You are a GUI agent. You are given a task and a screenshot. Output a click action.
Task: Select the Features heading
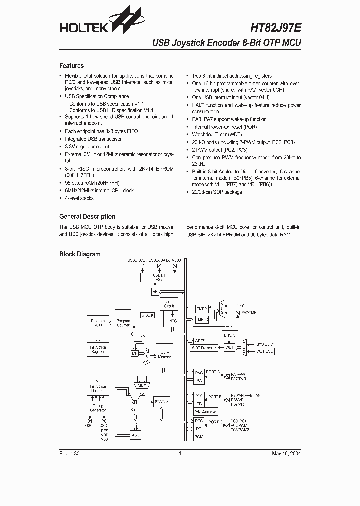pyautogui.click(x=71, y=66)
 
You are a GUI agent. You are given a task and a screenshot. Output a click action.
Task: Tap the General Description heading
pyautogui.click(x=87, y=216)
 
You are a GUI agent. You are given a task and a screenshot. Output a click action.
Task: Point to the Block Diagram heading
pyautogui.click(x=80, y=254)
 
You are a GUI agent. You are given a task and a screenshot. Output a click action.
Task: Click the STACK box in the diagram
pyautogui.click(x=148, y=315)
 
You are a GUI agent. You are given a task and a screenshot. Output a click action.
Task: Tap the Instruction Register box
pyautogui.click(x=97, y=349)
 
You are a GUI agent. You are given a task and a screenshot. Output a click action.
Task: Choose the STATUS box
pyautogui.click(x=162, y=402)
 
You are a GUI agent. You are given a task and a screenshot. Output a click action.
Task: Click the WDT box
pyautogui.click(x=229, y=347)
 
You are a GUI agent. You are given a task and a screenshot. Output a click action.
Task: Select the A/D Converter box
pyautogui.click(x=205, y=411)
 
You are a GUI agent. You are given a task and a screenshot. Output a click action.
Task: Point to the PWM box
pyautogui.click(x=199, y=437)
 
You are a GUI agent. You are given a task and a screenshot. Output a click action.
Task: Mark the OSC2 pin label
pyautogui.click(x=90, y=426)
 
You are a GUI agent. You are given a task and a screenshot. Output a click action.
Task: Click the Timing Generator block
pyautogui.click(x=98, y=408)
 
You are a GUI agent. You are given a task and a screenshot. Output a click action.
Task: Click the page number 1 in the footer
pyautogui.click(x=180, y=453)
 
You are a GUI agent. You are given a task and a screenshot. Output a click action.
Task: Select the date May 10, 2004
pyautogui.click(x=286, y=453)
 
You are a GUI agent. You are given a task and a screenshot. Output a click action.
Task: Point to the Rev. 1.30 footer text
pyautogui.click(x=69, y=453)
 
